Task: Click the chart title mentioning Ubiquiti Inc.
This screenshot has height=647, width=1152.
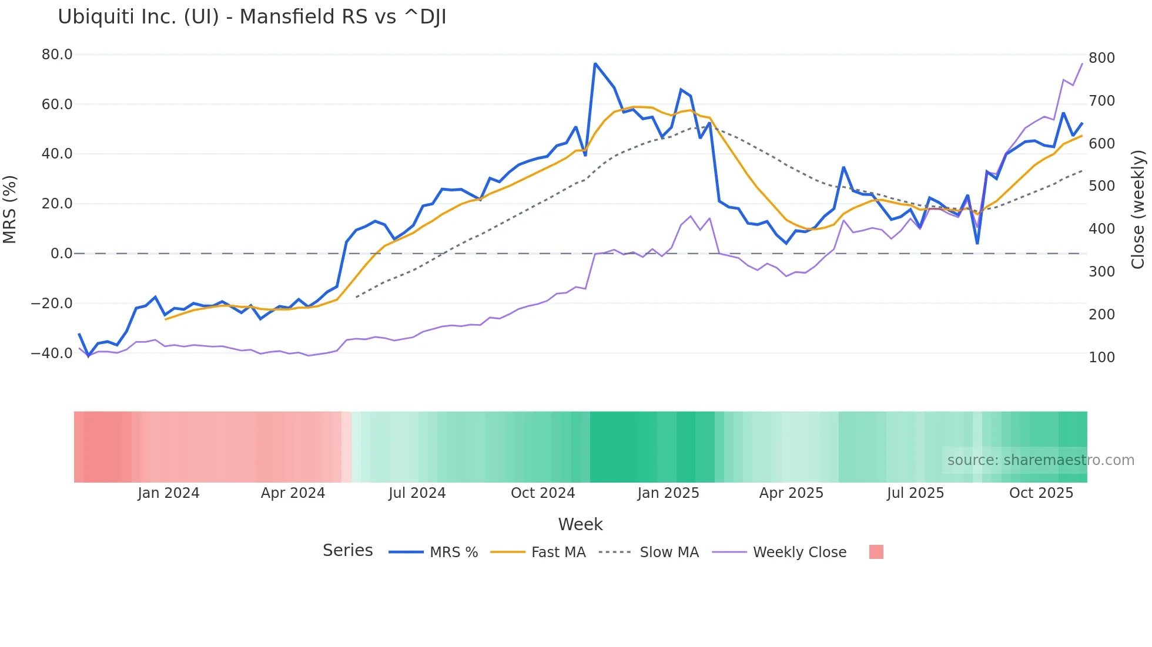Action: [x=252, y=17]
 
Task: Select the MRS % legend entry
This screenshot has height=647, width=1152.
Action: [x=453, y=552]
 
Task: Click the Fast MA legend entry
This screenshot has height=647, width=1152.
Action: [x=558, y=552]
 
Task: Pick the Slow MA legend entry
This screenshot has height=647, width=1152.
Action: [x=669, y=552]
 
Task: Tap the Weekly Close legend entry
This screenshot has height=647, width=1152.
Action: [x=799, y=552]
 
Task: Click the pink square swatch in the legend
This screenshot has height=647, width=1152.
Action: [x=876, y=552]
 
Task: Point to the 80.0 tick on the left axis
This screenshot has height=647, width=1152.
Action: [x=57, y=55]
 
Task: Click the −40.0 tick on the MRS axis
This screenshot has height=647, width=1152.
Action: [x=52, y=353]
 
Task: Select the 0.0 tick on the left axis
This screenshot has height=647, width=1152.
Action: [x=61, y=254]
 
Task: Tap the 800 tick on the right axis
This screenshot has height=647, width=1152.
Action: [x=1101, y=58]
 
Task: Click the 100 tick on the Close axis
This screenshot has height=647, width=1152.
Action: [x=1101, y=358]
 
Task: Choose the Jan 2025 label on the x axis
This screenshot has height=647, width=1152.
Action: [x=668, y=493]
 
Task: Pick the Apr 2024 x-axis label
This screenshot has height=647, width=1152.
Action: [x=293, y=493]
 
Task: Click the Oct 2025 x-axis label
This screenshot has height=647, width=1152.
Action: [x=1041, y=493]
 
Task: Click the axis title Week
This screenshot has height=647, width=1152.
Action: [x=580, y=524]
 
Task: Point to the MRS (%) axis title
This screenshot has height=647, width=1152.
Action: [x=10, y=209]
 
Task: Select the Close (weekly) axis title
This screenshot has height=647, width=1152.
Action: [x=1138, y=209]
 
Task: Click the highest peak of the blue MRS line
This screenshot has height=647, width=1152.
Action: [x=595, y=63]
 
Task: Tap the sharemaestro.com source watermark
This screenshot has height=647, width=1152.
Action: [x=1040, y=460]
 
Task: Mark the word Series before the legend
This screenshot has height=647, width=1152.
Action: [x=347, y=551]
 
